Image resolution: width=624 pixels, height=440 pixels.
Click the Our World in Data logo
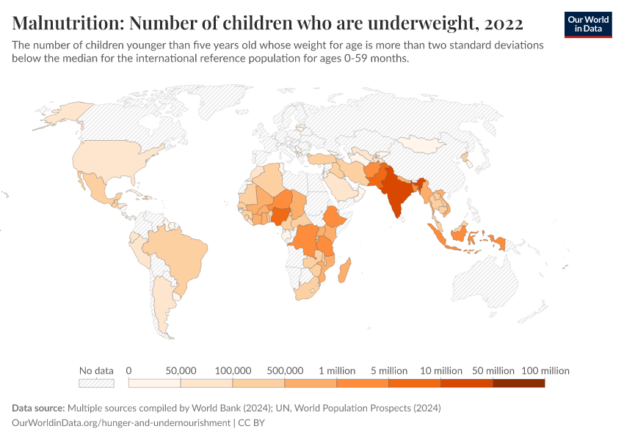tap(587, 24)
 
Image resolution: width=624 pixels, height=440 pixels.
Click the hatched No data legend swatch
tap(96, 383)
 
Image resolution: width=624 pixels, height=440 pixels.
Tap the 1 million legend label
tap(336, 370)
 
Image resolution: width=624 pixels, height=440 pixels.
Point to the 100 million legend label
tap(545, 370)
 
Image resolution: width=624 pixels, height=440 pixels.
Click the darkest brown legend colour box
tap(518, 383)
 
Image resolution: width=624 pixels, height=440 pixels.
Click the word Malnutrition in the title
tap(67, 23)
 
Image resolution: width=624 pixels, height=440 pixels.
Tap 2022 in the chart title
tap(504, 23)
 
